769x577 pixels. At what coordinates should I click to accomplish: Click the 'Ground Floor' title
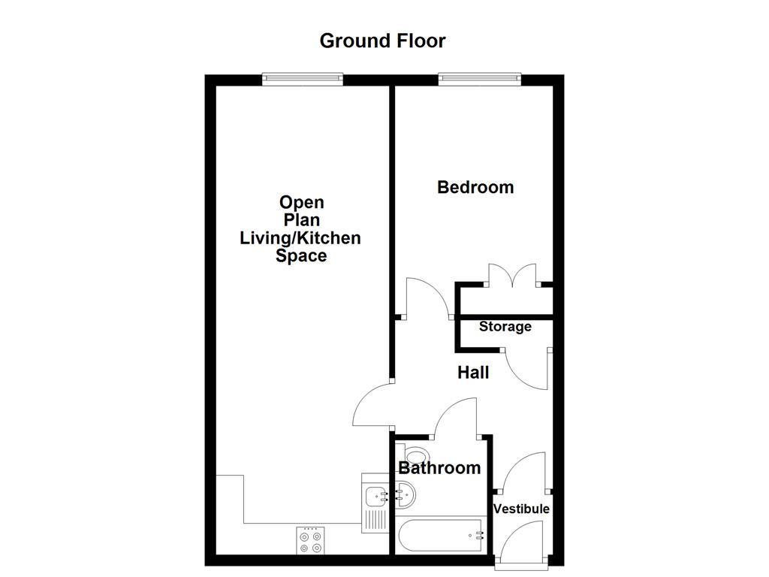382,41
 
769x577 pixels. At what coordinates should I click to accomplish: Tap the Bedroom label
475,187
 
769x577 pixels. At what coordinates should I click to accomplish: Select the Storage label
505,327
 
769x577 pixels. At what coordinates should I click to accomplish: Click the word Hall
474,373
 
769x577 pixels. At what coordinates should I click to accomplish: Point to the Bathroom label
439,468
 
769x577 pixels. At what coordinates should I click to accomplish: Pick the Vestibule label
521,509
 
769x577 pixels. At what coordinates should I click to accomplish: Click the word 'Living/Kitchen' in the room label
300,238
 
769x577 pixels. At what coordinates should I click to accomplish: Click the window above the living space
303,76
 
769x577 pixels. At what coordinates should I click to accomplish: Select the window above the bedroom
479,76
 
